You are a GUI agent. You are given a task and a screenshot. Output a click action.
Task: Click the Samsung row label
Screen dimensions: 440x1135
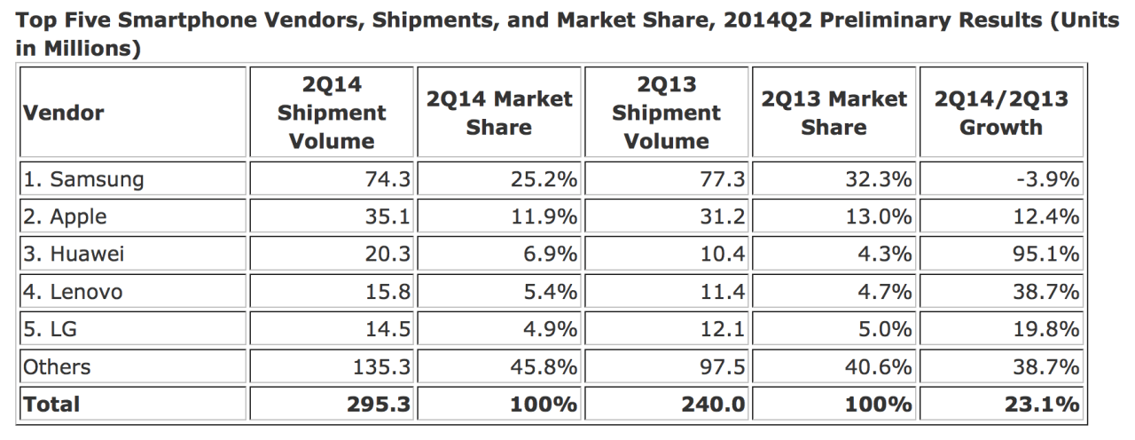(83, 180)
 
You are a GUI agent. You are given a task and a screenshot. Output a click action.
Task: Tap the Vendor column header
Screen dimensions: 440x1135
(63, 114)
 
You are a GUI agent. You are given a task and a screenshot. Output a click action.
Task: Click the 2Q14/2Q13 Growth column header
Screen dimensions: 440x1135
(1001, 114)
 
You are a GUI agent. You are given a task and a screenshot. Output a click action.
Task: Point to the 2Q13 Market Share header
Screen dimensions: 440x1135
(834, 114)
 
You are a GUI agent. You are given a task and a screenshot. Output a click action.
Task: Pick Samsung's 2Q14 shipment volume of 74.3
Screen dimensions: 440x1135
(387, 180)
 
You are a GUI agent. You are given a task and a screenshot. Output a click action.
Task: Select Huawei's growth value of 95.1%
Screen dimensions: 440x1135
(1048, 255)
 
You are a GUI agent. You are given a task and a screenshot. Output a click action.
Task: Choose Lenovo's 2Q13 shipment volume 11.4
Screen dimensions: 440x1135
(721, 292)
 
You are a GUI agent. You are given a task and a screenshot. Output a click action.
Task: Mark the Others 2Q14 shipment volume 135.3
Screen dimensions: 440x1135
(380, 366)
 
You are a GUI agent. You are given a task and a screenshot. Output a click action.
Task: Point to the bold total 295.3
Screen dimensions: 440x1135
(378, 405)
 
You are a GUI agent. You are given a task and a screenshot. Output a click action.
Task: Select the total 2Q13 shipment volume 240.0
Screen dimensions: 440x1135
(714, 405)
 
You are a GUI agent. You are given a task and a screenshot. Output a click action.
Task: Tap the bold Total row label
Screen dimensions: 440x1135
(51, 405)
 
